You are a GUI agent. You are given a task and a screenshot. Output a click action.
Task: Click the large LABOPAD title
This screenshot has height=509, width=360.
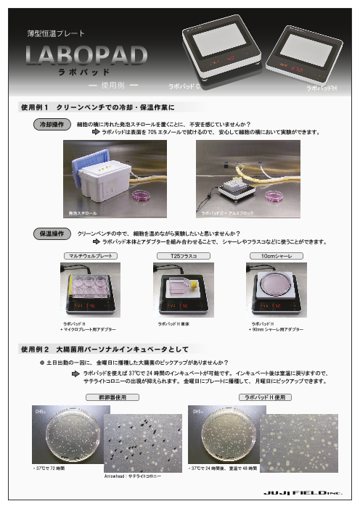coord(86,56)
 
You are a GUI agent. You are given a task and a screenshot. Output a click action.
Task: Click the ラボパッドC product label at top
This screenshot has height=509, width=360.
coord(184,86)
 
